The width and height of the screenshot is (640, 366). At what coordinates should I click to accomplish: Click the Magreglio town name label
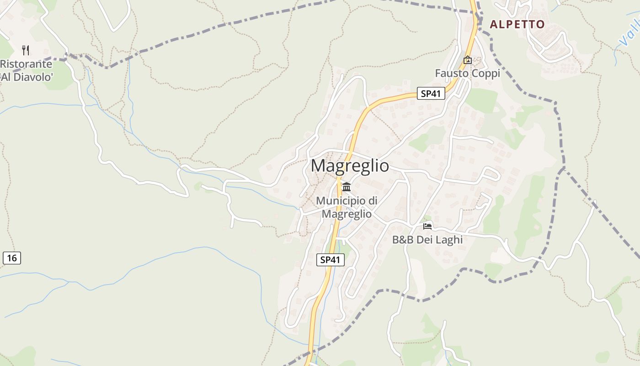tap(350, 166)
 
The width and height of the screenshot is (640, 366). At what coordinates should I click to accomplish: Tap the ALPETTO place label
tap(517, 24)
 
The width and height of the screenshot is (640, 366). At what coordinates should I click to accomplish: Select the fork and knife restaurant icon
tap(26, 50)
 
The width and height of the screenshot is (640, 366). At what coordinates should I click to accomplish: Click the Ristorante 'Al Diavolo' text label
tap(26, 70)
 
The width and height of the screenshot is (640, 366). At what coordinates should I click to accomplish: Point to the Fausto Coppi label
tap(467, 73)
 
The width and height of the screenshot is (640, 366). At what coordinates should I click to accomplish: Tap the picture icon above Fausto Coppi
tap(467, 60)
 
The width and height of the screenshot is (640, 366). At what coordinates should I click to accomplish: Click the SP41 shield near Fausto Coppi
tap(431, 94)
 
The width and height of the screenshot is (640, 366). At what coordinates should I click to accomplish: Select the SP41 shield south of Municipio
tap(330, 260)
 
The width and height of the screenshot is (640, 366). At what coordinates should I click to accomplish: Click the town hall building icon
tap(347, 187)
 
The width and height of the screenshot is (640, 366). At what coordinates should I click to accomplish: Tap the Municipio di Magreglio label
tap(347, 207)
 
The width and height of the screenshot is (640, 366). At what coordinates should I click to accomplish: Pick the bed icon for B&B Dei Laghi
tap(427, 226)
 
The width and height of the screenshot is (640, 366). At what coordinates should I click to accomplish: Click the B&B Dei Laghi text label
tap(427, 240)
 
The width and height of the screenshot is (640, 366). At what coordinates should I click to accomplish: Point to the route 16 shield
tap(11, 258)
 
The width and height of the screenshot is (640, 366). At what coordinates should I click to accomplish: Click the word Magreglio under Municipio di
tap(347, 213)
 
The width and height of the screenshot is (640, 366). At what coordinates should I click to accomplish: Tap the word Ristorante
tap(26, 64)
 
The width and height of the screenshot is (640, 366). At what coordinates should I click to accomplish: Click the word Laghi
tap(448, 240)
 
